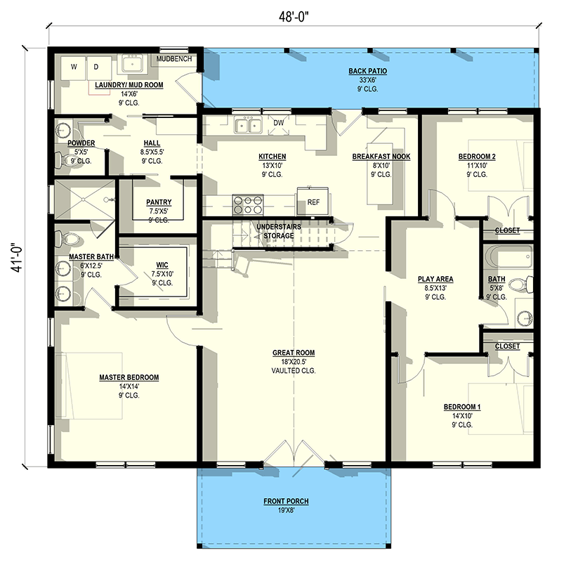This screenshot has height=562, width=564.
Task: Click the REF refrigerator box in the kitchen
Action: click(313, 201)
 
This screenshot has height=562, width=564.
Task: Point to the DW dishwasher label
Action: click(278, 123)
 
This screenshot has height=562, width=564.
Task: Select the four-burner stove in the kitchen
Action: click(248, 204)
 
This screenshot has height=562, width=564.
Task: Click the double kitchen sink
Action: click(247, 126)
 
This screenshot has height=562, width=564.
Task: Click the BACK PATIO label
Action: click(368, 71)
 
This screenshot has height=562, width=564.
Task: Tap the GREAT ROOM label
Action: click(294, 353)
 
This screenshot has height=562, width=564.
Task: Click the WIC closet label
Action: click(162, 265)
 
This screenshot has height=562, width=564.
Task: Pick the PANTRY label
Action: click(159, 203)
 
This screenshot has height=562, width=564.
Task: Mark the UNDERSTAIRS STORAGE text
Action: click(275, 232)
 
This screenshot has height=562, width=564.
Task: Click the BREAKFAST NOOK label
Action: click(381, 157)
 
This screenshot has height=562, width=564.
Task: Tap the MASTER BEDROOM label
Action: click(129, 377)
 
